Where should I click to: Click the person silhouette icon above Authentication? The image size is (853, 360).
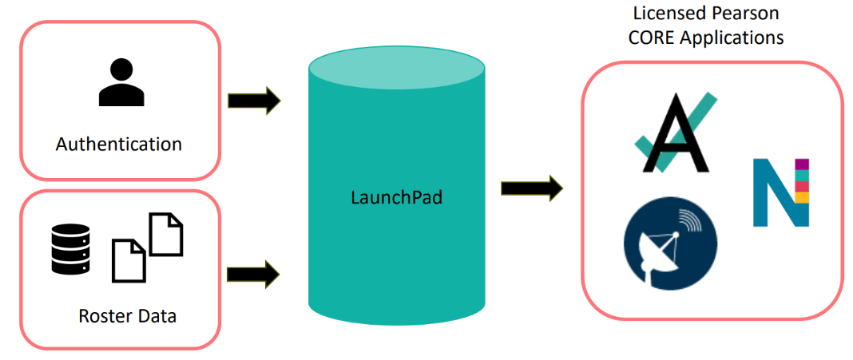[121, 82]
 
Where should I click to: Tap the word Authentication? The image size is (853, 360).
[119, 144]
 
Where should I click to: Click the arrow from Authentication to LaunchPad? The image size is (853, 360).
[254, 101]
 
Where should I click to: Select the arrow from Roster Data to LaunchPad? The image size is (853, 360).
[254, 275]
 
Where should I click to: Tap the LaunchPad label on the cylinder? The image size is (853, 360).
[396, 196]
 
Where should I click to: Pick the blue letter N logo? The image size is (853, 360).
[780, 192]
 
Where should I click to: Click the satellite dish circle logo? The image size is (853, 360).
[669, 246]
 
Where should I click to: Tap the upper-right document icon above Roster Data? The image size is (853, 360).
[166, 233]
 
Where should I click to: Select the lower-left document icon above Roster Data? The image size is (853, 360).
[129, 260]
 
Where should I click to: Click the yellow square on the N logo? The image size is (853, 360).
[803, 196]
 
